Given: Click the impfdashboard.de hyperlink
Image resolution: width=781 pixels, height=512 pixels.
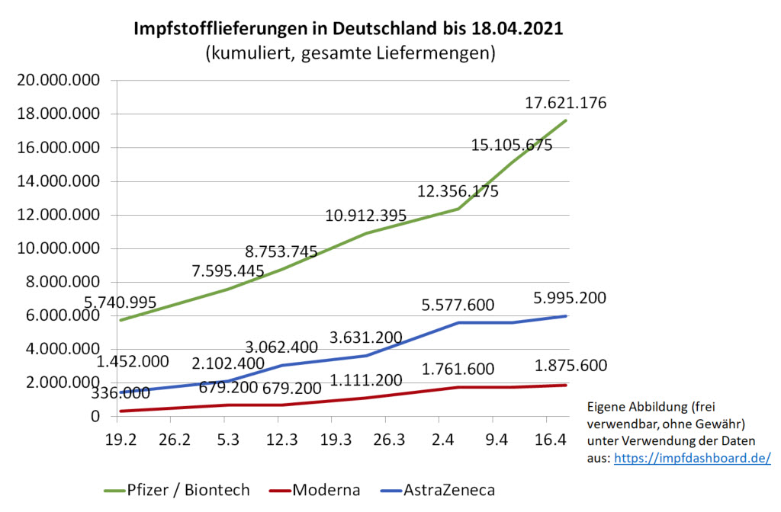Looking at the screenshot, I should coord(693,458).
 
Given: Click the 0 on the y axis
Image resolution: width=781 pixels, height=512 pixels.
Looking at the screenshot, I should coord(95,416).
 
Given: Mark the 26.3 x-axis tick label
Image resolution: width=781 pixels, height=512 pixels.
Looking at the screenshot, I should coord(385,440).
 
